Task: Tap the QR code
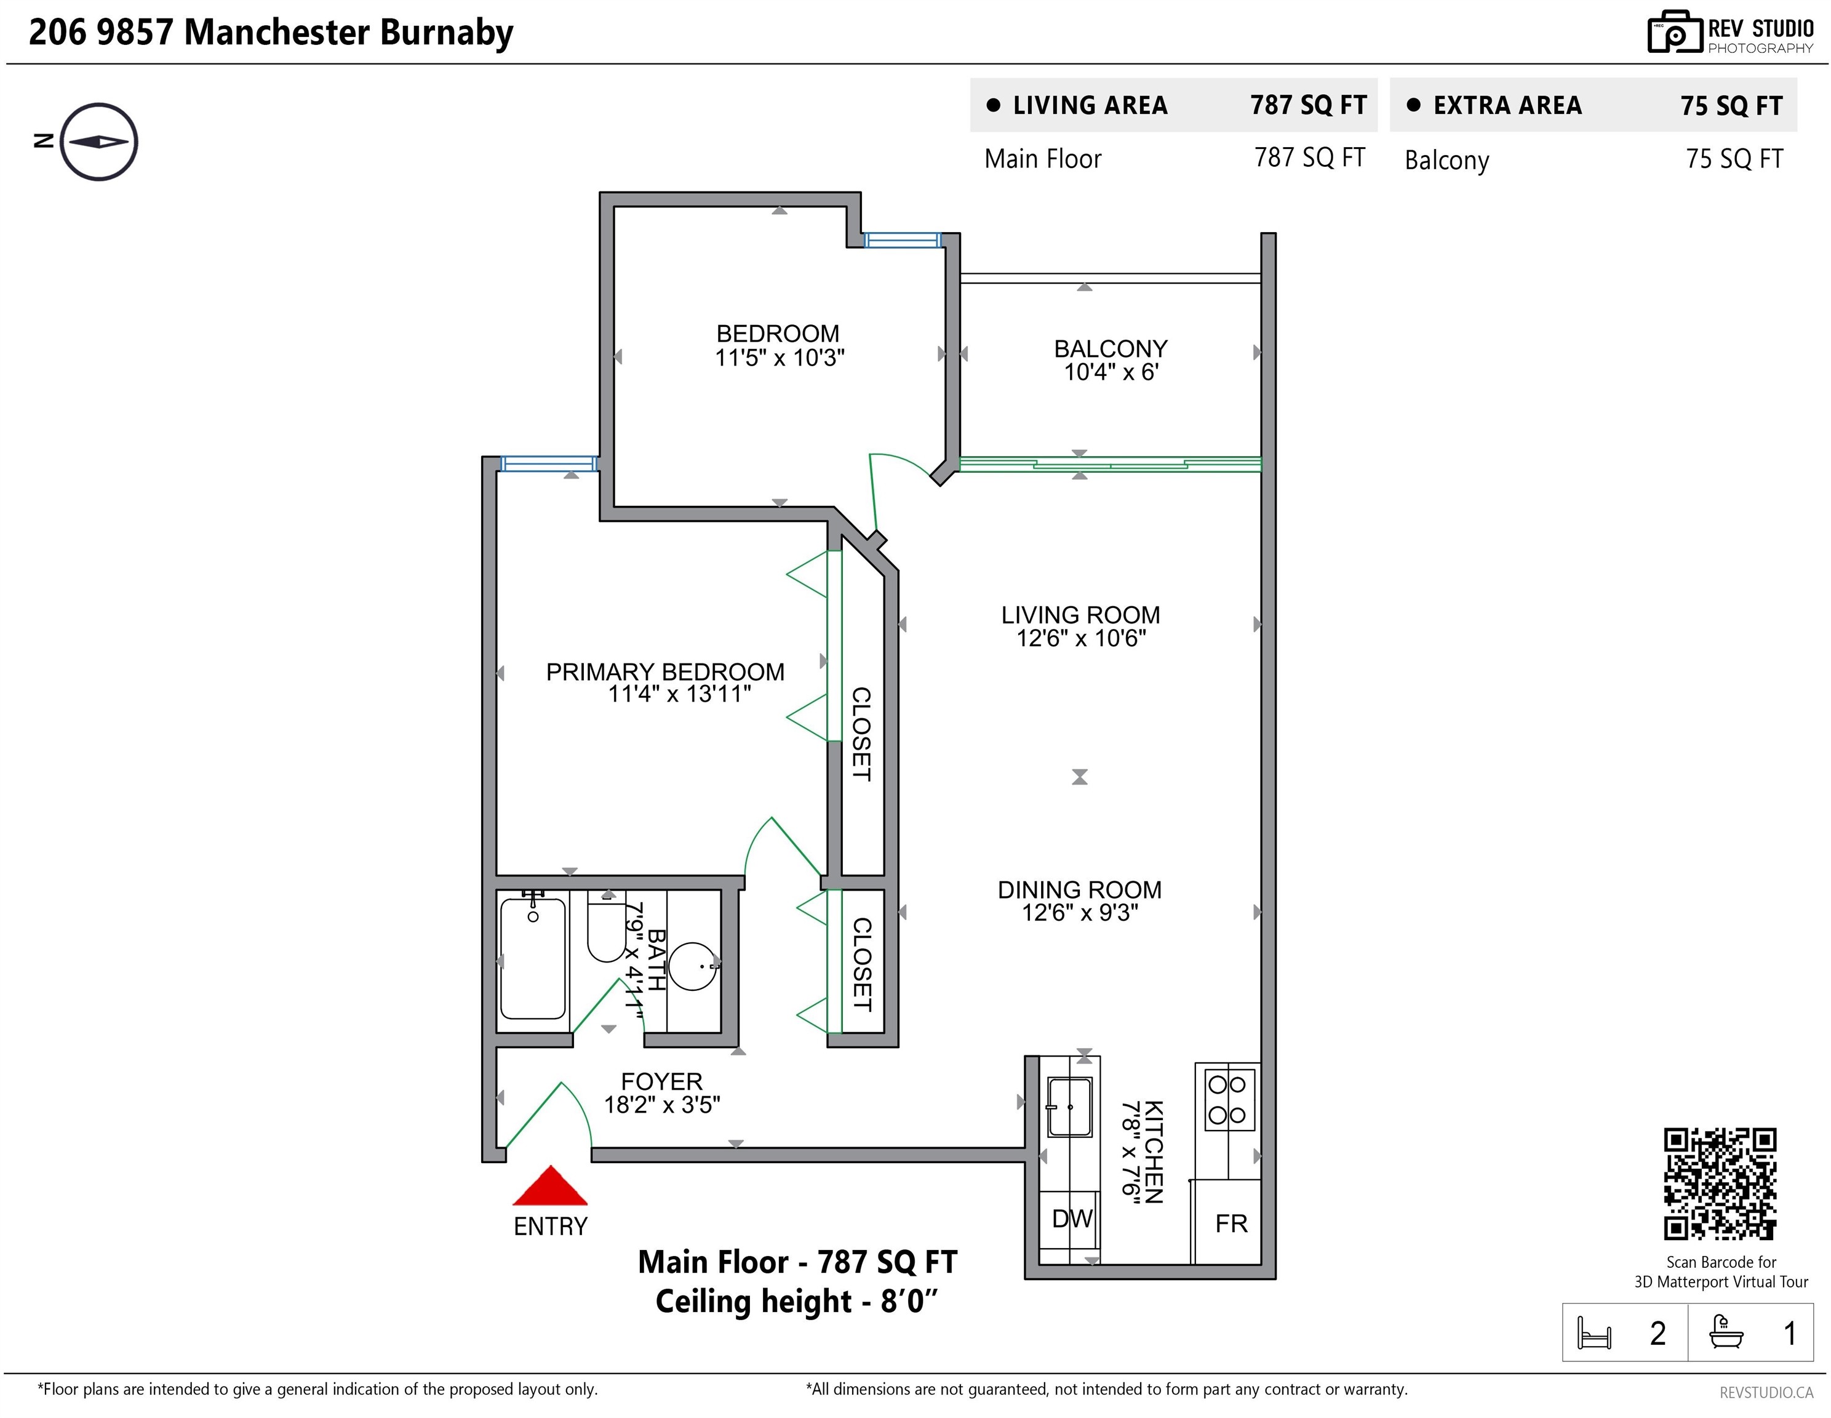pyautogui.click(x=1720, y=1184)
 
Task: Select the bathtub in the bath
pyautogui.click(x=533, y=958)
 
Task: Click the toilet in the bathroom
pyautogui.click(x=606, y=927)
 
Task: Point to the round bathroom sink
pyautogui.click(x=693, y=966)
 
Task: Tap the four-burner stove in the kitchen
pyautogui.click(x=1229, y=1099)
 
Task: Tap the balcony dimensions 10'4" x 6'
pyautogui.click(x=1111, y=372)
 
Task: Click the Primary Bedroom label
pyautogui.click(x=666, y=671)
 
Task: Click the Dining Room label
pyautogui.click(x=1080, y=890)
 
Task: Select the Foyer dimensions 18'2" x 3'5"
pyautogui.click(x=662, y=1104)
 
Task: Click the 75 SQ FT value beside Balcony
pyautogui.click(x=1734, y=159)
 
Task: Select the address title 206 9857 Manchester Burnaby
pyautogui.click(x=271, y=33)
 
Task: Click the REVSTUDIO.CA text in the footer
pyautogui.click(x=1766, y=1393)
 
